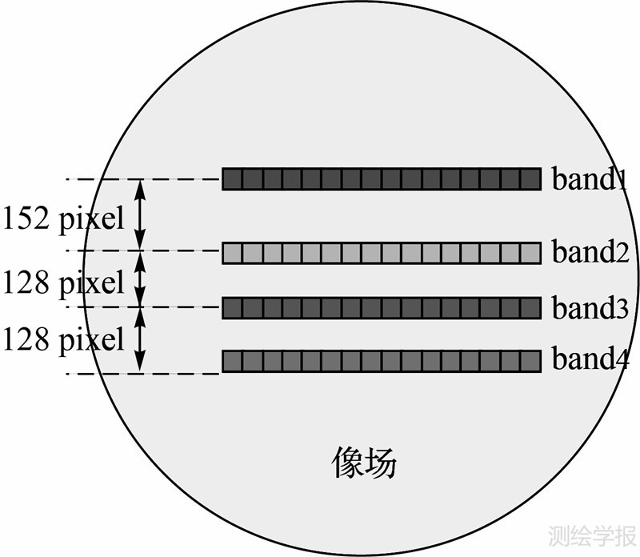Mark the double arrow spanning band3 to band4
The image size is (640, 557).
coord(141,339)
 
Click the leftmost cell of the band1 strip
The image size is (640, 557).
coord(232,179)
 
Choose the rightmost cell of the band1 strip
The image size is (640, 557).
coord(531,179)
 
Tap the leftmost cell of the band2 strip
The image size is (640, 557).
coord(232,253)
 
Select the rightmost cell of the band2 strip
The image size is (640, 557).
coord(531,253)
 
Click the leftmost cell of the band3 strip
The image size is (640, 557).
coord(232,308)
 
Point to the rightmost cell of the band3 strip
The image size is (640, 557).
coord(531,308)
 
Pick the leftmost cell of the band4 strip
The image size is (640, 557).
coord(232,361)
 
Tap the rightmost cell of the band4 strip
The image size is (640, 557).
coord(531,361)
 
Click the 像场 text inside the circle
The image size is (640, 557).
coord(364,463)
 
